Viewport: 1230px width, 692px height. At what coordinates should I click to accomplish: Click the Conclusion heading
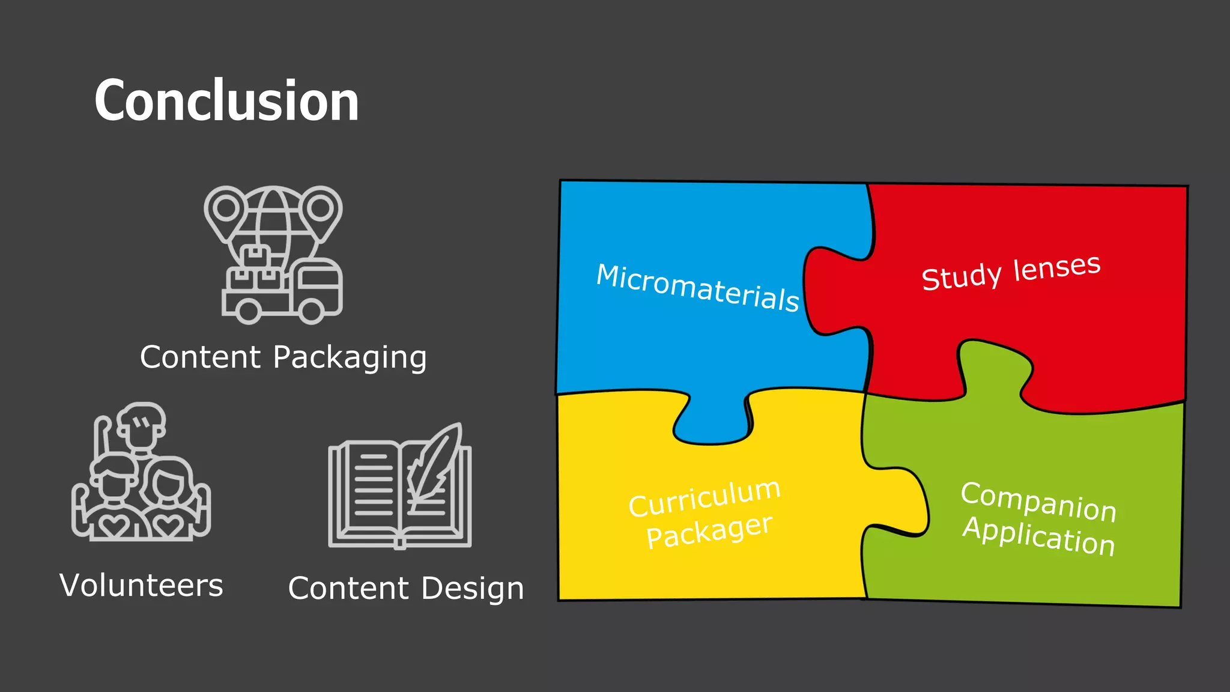pyautogui.click(x=226, y=101)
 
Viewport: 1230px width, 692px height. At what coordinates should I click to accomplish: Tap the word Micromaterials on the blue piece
pyautogui.click(x=697, y=288)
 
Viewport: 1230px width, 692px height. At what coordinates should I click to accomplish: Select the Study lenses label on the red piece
pyautogui.click(x=1011, y=273)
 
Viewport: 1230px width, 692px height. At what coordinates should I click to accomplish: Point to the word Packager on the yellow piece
pyautogui.click(x=709, y=531)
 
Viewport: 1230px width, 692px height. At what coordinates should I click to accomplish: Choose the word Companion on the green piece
pyautogui.click(x=1038, y=502)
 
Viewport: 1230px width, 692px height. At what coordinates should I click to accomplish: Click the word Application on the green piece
pyautogui.click(x=1038, y=536)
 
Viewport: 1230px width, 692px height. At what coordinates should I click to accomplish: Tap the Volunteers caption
pyautogui.click(x=141, y=585)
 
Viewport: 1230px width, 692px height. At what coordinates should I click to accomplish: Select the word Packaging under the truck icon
pyautogui.click(x=350, y=357)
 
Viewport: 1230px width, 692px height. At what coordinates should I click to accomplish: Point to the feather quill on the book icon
pyautogui.click(x=435, y=463)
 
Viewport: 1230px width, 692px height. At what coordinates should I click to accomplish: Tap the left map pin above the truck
pyautogui.click(x=225, y=210)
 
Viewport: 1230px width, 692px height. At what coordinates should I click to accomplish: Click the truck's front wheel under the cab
pyautogui.click(x=312, y=309)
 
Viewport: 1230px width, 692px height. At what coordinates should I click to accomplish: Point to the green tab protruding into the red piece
pyautogui.click(x=994, y=366)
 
